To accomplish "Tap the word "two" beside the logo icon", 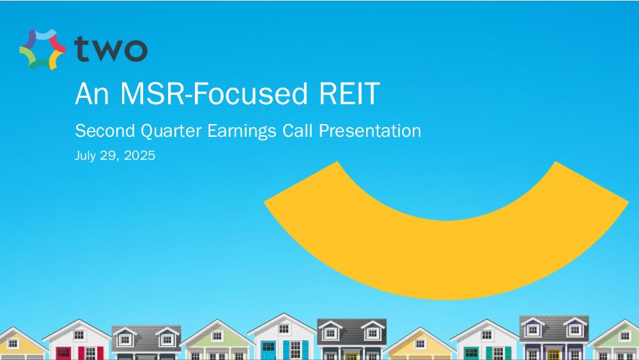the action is click(111, 49).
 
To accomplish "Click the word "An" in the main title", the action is click(92, 94).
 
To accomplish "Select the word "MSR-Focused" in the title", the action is click(214, 93).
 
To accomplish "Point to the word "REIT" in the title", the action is click(350, 94).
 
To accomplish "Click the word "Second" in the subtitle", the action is click(105, 131).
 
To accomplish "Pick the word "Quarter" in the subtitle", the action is click(171, 131).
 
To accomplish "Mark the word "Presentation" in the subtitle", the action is click(369, 131).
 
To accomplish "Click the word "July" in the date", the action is click(86, 156).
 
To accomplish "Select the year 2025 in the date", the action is click(139, 155).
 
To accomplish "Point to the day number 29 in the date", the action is click(111, 155).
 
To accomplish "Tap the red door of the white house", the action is click(63, 353).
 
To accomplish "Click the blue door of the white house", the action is click(268, 350).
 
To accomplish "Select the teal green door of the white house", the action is click(472, 353).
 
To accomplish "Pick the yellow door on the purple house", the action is click(553, 355).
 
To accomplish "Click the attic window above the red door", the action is click(79, 334).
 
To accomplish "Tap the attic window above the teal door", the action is click(486, 334).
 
